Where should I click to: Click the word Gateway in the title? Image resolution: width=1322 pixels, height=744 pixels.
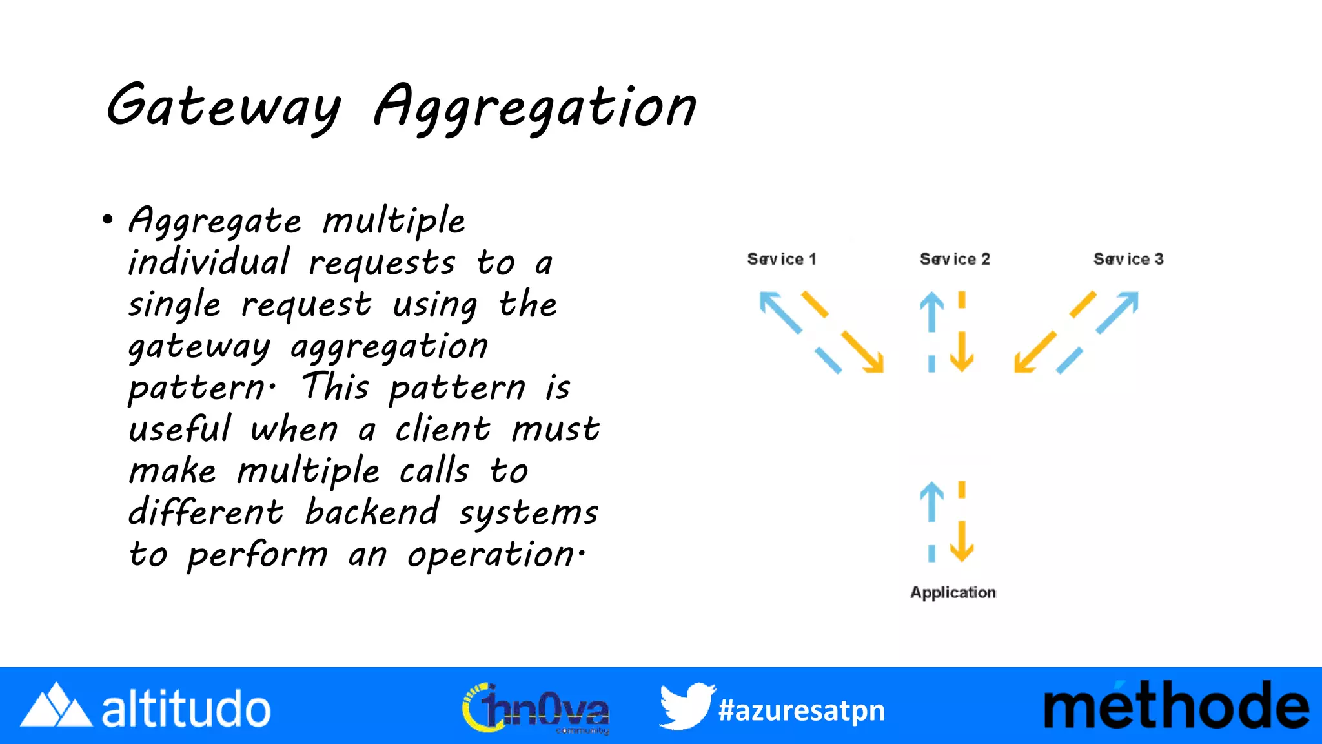223,107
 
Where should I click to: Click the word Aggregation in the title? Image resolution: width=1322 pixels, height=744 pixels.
534,108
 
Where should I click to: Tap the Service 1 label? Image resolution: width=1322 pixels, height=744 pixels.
782,259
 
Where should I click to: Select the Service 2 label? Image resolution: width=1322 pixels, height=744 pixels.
955,259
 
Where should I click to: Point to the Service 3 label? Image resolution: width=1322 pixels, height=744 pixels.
1128,259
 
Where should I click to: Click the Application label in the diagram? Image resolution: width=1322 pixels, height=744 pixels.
953,592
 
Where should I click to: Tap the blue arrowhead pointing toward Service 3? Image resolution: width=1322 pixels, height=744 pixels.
1130,300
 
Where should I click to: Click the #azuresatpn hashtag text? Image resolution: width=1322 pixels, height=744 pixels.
802,710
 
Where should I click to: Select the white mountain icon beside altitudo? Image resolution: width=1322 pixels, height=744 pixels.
56,707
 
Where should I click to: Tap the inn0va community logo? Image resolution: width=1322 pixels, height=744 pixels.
536,708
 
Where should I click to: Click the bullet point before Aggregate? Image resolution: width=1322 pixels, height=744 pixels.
108,220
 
